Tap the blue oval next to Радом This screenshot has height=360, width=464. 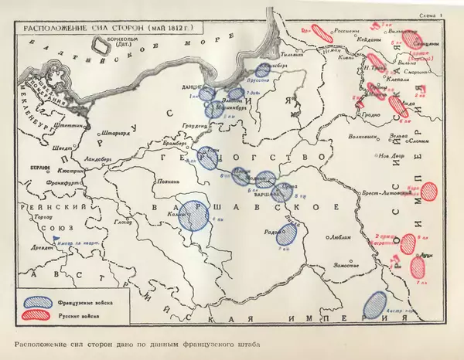[x=286, y=233]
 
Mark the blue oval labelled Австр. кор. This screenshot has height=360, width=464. [x=375, y=303]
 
